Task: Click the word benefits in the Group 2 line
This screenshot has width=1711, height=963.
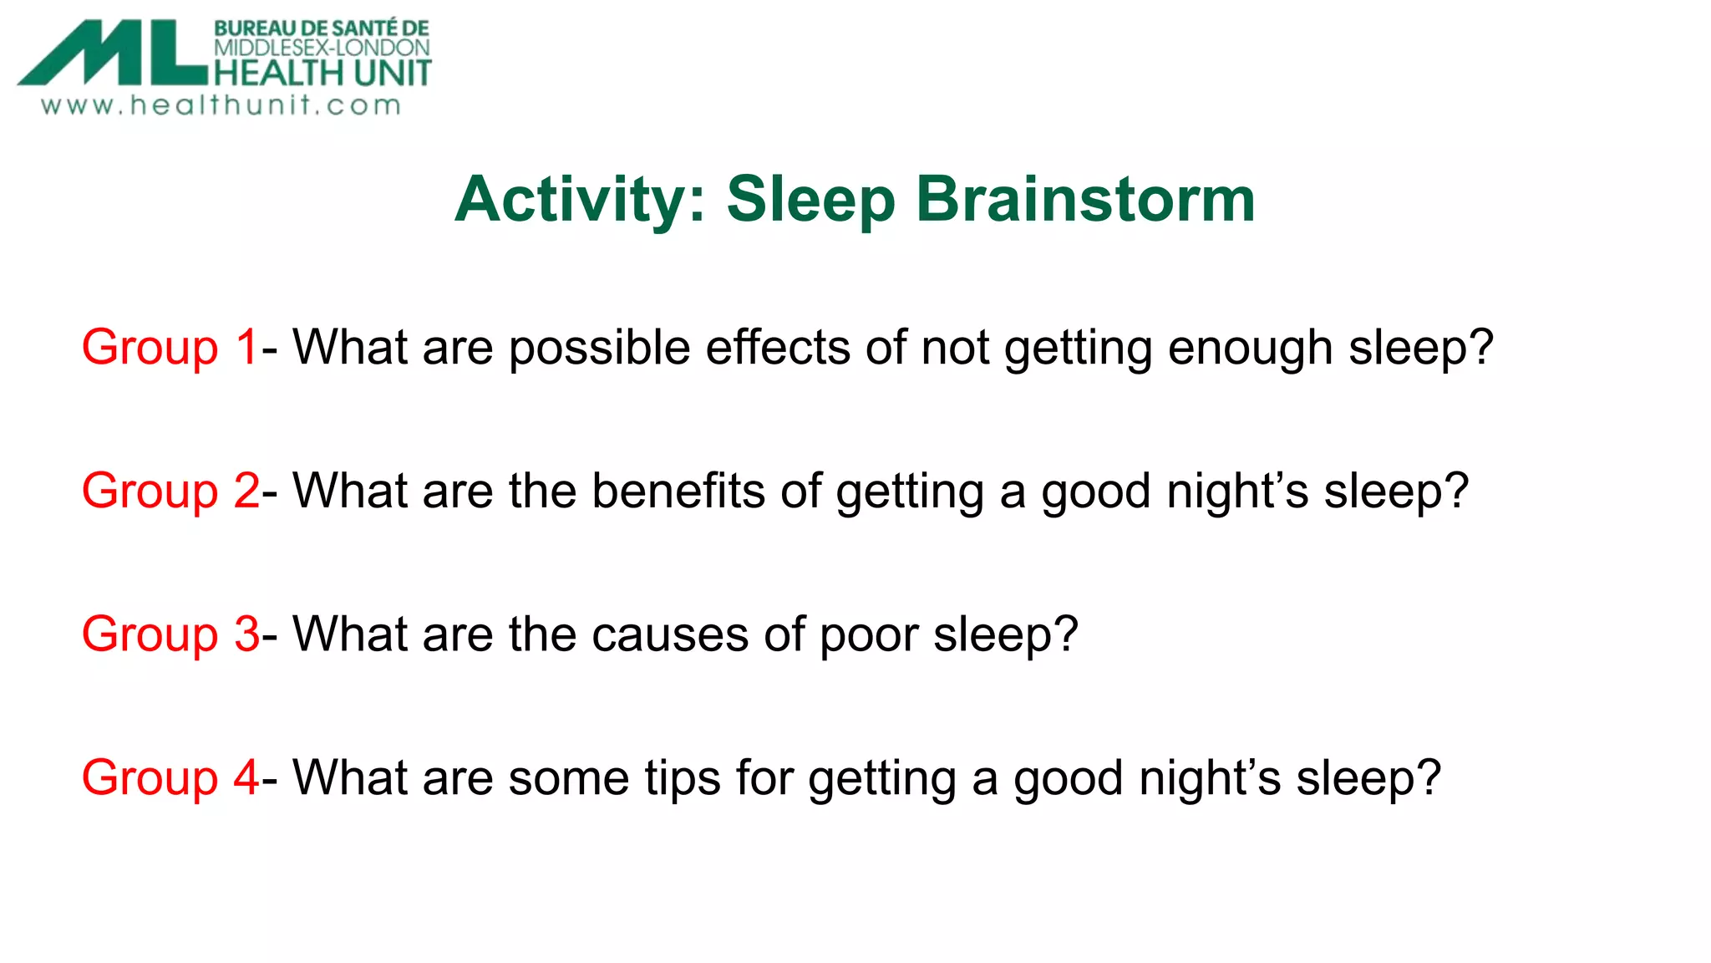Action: (x=678, y=491)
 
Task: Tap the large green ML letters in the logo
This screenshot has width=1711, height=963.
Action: (x=113, y=54)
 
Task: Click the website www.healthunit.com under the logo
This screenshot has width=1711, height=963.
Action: (x=221, y=106)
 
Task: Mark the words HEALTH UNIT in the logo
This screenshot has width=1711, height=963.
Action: (x=322, y=74)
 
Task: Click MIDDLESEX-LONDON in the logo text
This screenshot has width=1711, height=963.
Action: (x=322, y=48)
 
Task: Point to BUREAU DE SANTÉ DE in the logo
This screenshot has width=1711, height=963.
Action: (x=322, y=28)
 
